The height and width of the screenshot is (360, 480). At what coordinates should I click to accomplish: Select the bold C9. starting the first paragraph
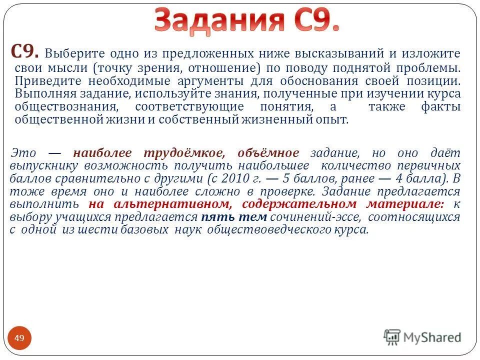26,52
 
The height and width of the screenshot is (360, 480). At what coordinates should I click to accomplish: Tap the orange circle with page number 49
19,338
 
